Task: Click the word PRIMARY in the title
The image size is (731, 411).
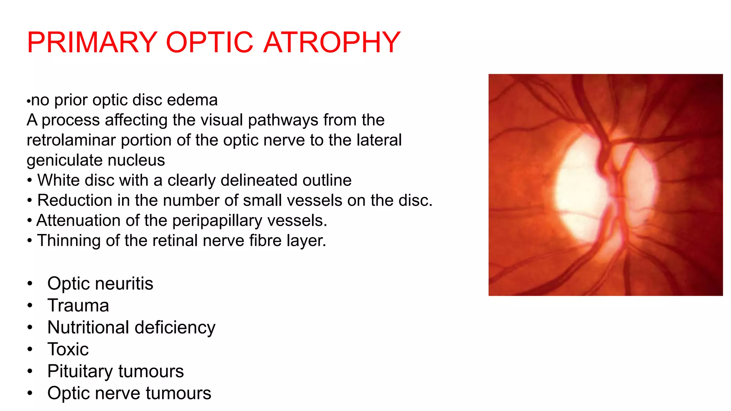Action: tap(92, 42)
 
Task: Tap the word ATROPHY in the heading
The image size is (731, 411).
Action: tap(332, 42)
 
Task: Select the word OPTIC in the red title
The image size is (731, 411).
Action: tap(210, 42)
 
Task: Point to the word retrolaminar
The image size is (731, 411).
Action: tap(71, 140)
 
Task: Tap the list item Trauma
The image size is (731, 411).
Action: tap(78, 306)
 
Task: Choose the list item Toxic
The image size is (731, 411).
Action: tap(68, 349)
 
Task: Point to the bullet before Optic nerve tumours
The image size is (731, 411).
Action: tap(30, 393)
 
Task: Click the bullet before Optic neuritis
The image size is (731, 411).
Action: tap(30, 284)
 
